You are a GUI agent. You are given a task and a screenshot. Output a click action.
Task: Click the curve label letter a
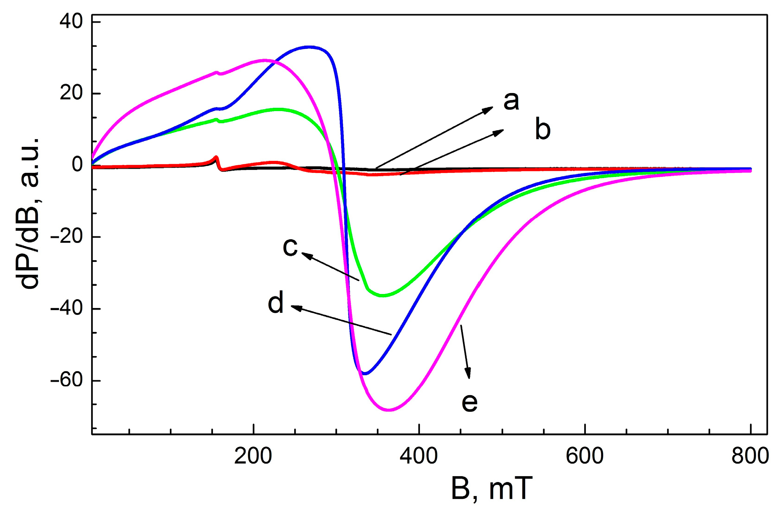pos(511,100)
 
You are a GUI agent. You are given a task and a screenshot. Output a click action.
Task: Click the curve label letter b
pos(542,130)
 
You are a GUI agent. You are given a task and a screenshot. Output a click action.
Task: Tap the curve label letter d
pos(275,302)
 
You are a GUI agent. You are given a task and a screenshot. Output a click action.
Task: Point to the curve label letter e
pos(469,402)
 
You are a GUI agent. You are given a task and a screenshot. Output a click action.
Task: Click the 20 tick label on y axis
pos(71,93)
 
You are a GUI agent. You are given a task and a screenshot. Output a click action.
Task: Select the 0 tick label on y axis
pos(77,165)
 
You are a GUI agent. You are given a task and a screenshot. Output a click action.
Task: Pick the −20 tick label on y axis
pos(66,237)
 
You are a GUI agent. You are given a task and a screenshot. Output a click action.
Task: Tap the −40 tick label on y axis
pos(66,308)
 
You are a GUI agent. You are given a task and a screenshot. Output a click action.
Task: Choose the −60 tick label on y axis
pos(66,380)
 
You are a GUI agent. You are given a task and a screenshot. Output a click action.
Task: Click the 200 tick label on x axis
pos(253,456)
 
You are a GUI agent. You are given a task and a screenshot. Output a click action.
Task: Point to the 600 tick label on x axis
pos(584,456)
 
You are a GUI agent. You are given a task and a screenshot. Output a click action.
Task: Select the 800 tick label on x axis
pos(750,456)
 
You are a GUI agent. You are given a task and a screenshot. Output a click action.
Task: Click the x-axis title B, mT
pos(491,489)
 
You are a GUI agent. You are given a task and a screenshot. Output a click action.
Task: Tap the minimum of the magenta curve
pos(389,409)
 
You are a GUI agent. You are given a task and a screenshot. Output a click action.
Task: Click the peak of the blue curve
pos(310,47)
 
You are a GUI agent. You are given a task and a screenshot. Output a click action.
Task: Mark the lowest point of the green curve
pos(382,295)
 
